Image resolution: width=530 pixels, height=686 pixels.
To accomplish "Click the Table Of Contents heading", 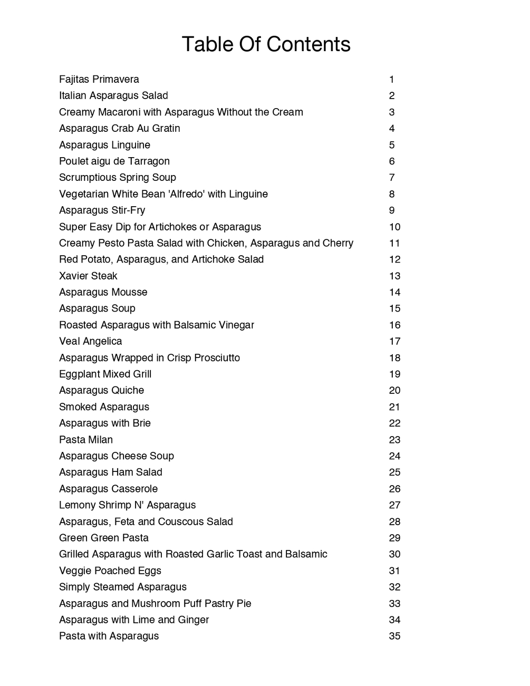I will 266,44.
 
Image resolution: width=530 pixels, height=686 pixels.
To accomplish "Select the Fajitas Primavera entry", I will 99,80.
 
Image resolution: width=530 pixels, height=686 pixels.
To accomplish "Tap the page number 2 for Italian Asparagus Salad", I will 392,96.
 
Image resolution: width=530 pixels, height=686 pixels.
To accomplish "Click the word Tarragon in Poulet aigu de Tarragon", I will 149,161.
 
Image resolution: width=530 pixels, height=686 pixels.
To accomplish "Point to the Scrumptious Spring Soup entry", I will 118,178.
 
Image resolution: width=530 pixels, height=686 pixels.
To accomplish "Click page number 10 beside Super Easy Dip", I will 394,227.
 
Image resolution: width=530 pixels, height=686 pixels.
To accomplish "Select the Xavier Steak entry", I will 88,276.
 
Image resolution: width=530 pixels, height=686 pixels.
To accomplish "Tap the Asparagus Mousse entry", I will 103,293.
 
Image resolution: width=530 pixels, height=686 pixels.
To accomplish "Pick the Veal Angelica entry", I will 91,342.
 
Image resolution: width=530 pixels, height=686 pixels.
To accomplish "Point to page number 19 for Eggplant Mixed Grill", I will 394,374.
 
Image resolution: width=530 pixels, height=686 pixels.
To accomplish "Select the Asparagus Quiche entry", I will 102,391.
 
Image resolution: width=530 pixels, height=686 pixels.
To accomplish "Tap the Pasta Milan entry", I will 86,440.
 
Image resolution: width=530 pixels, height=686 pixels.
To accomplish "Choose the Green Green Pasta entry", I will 104,538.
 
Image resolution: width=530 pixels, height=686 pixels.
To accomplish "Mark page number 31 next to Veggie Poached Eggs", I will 394,571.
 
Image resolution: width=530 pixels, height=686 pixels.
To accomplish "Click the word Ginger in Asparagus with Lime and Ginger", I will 193,620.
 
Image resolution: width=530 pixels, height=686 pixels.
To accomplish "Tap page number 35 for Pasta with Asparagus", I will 394,636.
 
